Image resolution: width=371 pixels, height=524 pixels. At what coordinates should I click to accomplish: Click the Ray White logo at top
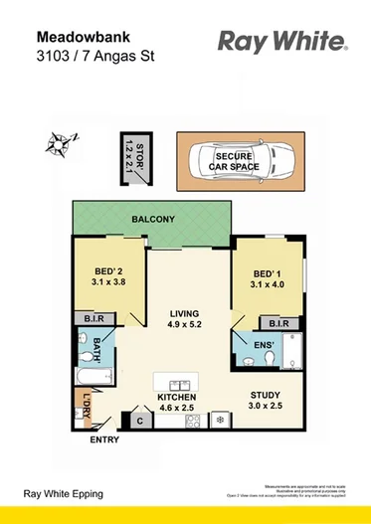click(x=281, y=43)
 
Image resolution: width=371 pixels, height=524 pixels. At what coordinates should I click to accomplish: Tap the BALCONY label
click(x=151, y=219)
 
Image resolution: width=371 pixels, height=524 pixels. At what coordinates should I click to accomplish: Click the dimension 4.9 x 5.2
click(x=186, y=324)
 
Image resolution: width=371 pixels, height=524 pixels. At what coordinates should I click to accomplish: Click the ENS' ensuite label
click(x=263, y=345)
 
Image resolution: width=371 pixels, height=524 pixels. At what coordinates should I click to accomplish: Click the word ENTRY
click(x=103, y=438)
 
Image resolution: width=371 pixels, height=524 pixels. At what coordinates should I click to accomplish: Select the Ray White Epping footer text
click(x=64, y=493)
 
